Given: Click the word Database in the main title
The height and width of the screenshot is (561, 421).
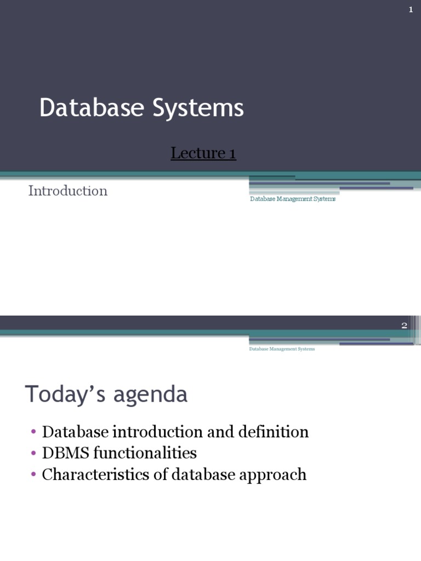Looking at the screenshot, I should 90,108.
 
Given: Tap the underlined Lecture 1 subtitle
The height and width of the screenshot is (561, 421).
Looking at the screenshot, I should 203,153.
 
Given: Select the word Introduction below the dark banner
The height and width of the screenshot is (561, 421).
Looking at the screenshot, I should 67,191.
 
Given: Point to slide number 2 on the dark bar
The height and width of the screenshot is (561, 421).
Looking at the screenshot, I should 404,325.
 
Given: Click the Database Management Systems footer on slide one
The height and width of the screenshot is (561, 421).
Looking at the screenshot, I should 293,199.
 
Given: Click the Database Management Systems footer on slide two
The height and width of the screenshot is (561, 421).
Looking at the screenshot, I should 282,349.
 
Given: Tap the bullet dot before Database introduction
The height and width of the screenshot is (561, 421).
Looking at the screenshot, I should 33,432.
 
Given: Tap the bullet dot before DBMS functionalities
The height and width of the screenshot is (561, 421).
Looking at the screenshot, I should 33,454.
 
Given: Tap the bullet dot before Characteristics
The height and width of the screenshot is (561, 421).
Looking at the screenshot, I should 33,474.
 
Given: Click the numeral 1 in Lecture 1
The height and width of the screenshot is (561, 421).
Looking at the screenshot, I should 232,153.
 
